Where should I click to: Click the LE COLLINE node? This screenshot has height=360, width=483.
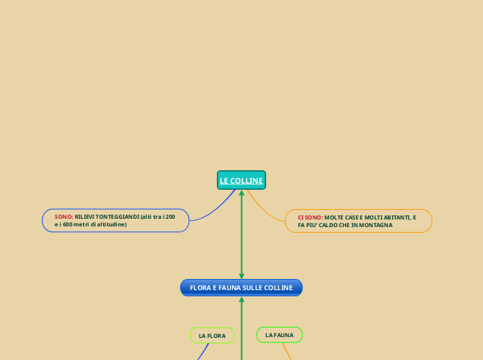[241, 181]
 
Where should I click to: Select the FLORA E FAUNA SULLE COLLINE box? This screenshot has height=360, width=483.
[241, 287]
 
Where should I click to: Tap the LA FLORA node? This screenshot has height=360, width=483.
[212, 336]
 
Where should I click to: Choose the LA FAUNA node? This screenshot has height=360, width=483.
[279, 335]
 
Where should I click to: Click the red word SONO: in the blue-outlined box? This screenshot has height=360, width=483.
[64, 217]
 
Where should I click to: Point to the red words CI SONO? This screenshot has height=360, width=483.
[310, 217]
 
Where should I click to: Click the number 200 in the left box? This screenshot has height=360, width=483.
[170, 217]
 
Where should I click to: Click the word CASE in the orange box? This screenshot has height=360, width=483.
[349, 217]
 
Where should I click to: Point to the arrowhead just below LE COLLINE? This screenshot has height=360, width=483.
[241, 192]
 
